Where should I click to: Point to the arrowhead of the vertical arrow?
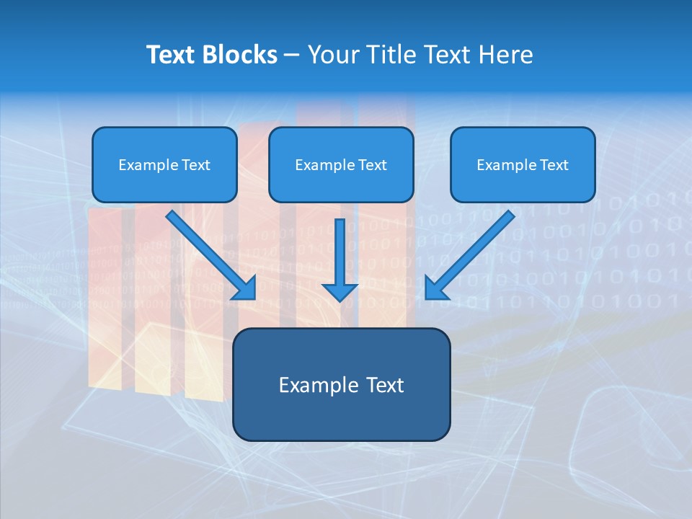point(340,291)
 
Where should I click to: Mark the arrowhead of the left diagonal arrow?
point(245,288)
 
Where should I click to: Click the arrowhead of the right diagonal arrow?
point(436,288)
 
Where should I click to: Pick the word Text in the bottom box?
point(384,385)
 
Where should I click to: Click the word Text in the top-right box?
point(554,165)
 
